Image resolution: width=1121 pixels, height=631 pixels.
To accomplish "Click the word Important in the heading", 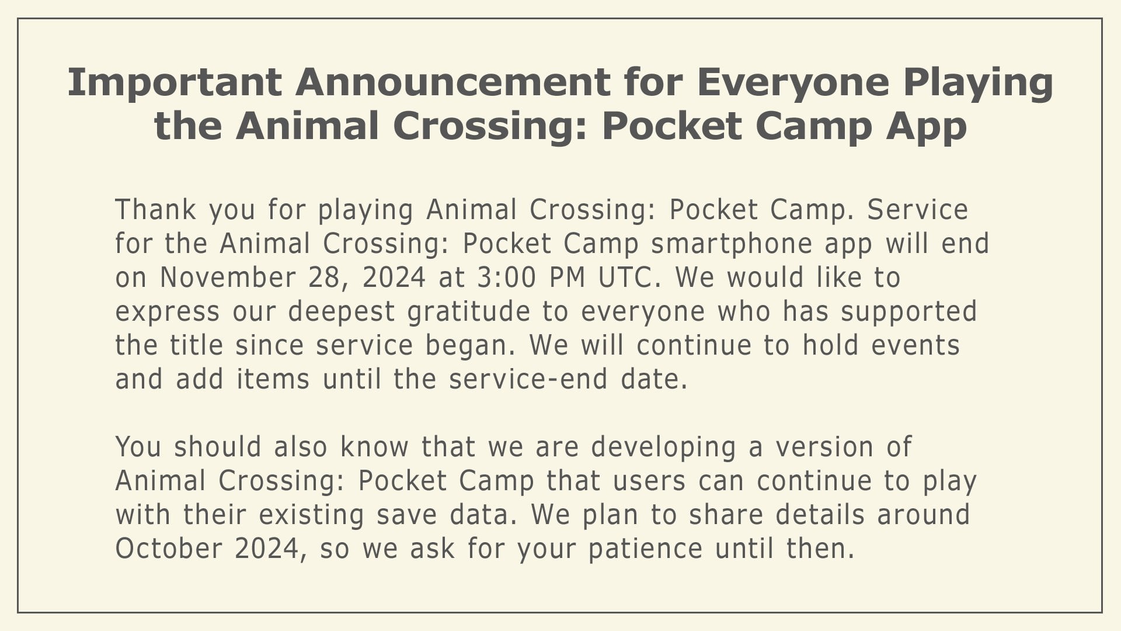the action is point(175,83).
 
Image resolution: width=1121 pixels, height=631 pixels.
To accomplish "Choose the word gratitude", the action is point(469,311).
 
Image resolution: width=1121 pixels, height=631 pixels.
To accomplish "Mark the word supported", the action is point(909,311).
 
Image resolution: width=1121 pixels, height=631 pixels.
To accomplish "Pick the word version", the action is point(824,447).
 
